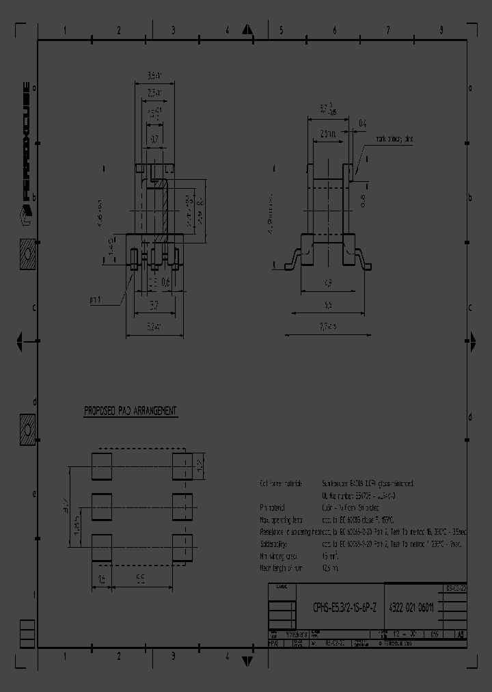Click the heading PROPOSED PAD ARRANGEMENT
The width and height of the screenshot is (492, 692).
[x=130, y=411]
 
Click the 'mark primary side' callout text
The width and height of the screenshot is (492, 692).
[x=394, y=139]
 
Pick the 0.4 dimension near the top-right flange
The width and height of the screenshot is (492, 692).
[x=362, y=123]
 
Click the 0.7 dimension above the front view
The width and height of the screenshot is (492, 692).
[x=154, y=139]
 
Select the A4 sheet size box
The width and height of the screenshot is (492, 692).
[x=461, y=634]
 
